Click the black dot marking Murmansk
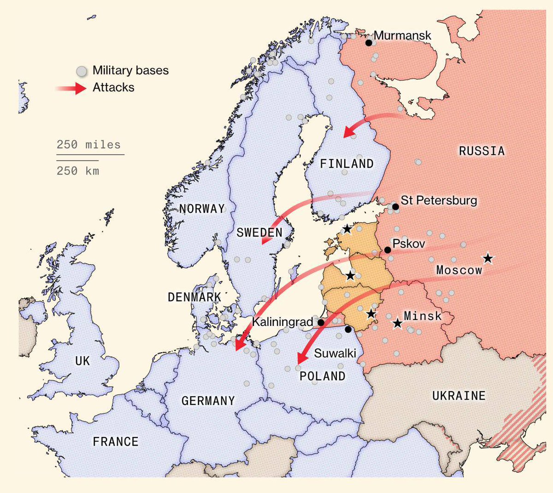coord(369,43)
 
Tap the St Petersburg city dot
coord(395,207)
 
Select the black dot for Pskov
coord(388,250)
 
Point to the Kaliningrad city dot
coord(321,323)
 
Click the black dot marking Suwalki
coord(348,329)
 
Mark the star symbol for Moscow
coord(488,259)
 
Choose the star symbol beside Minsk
coord(397,324)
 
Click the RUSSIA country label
coord(482,151)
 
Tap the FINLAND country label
coord(347,164)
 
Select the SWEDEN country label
coord(259,232)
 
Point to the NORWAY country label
coord(202,209)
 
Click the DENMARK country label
coord(194,297)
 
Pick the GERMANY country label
coord(208,401)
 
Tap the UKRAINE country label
coord(459,396)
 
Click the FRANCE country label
coord(115,442)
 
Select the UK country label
coord(82,361)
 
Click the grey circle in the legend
coord(82,71)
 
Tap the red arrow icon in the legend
coord(74,88)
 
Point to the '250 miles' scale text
coord(88,145)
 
